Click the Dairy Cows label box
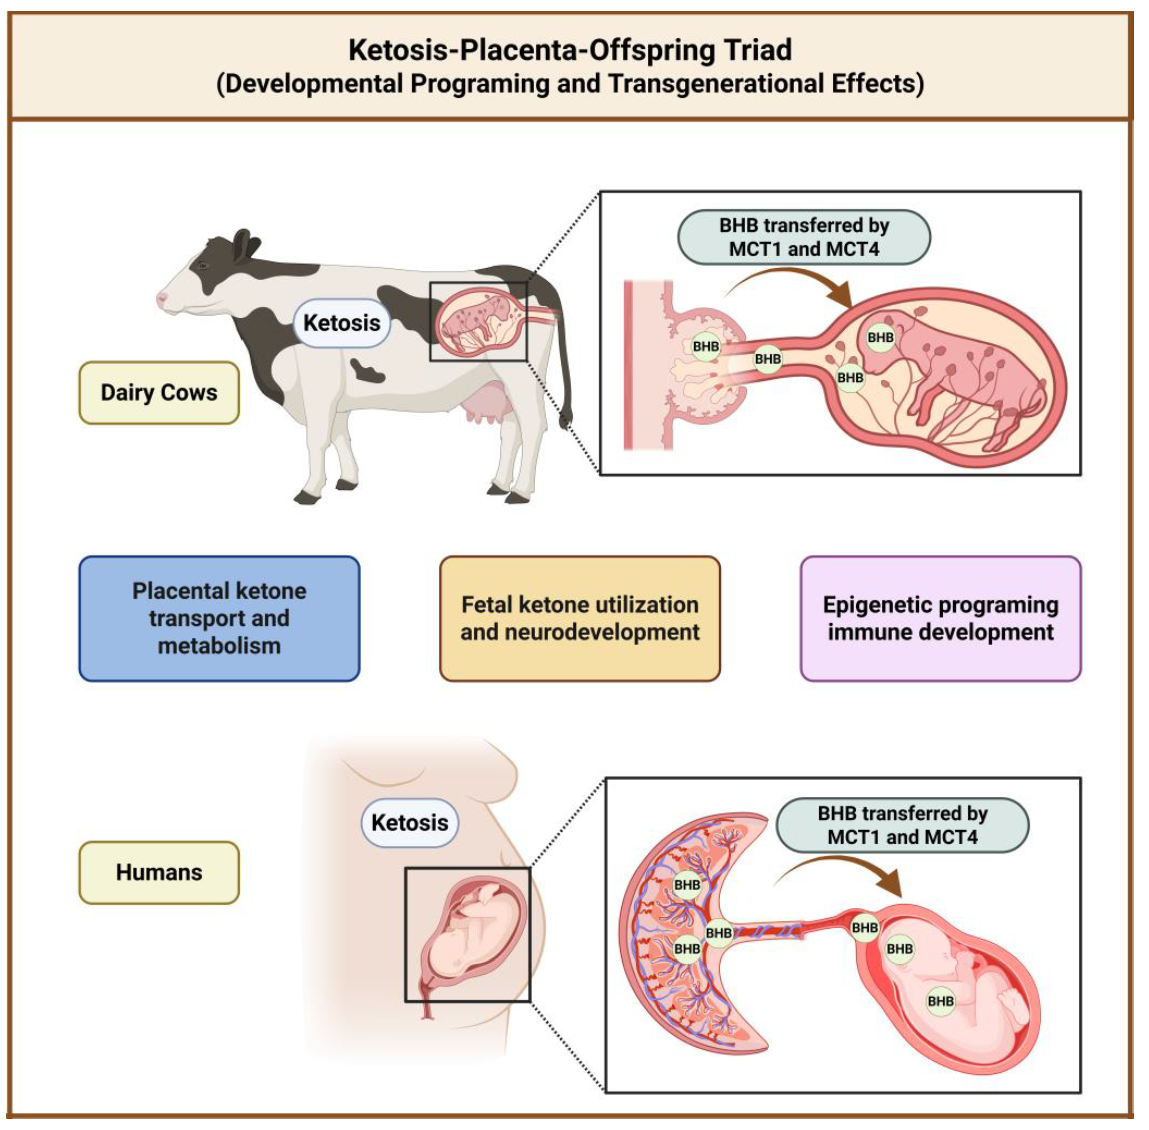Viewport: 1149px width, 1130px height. tap(159, 392)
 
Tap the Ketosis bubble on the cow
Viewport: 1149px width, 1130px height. tap(342, 323)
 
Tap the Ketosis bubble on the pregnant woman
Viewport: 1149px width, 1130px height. tap(409, 822)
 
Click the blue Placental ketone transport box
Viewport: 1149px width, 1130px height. tap(219, 618)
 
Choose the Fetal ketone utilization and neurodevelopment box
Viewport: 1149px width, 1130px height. tap(580, 618)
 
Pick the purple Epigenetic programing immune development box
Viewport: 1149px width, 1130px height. tap(941, 618)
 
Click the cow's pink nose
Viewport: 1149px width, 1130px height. tap(161, 298)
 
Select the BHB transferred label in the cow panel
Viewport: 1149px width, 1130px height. tap(804, 237)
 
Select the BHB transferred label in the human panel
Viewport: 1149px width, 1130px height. tap(902, 825)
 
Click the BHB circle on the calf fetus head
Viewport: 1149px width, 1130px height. tap(880, 338)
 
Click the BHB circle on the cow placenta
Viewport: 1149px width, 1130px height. tap(706, 346)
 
